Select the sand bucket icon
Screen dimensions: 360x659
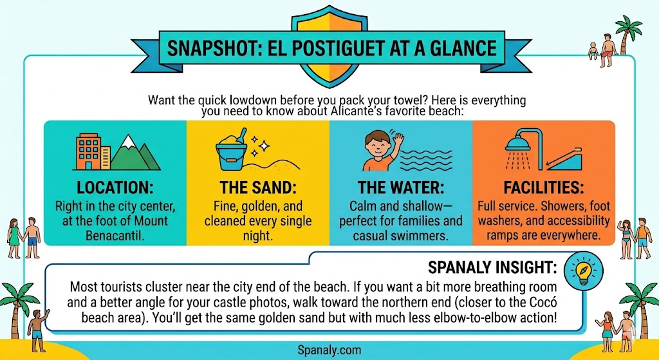tap(230, 153)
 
